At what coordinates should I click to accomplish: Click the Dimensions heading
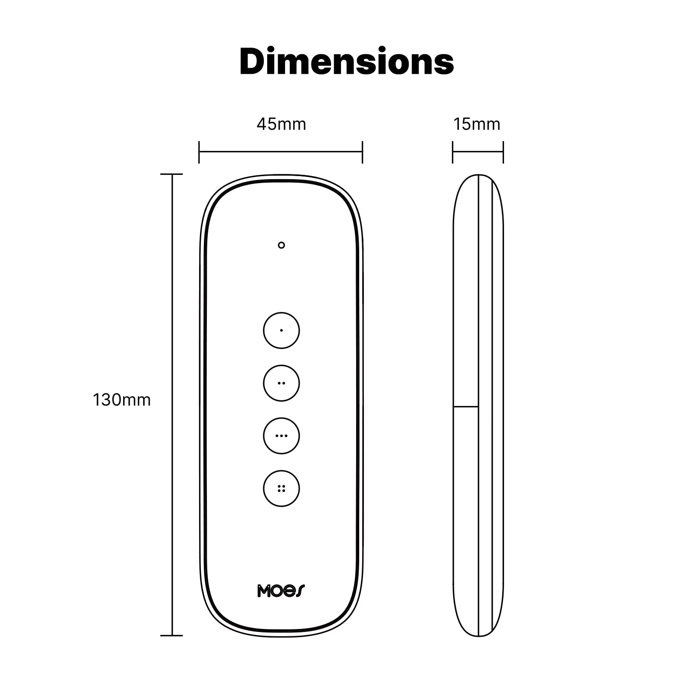pyautogui.click(x=347, y=62)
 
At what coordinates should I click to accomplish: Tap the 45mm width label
pyautogui.click(x=281, y=124)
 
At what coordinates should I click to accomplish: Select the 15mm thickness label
pyautogui.click(x=477, y=124)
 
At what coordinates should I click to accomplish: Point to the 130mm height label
pyautogui.click(x=122, y=400)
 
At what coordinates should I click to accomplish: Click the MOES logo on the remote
pyautogui.click(x=281, y=591)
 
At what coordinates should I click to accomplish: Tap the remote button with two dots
pyautogui.click(x=282, y=383)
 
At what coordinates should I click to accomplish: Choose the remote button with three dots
pyautogui.click(x=282, y=435)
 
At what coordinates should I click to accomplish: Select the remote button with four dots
pyautogui.click(x=282, y=488)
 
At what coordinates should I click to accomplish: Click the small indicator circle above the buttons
pyautogui.click(x=282, y=245)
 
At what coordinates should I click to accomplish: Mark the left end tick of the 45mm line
pyautogui.click(x=199, y=152)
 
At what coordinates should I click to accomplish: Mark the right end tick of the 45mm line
pyautogui.click(x=362, y=152)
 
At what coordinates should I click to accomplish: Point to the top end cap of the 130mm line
pyautogui.click(x=172, y=174)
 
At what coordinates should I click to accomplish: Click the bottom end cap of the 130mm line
pyautogui.click(x=172, y=635)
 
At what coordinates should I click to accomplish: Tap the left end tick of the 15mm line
pyautogui.click(x=453, y=152)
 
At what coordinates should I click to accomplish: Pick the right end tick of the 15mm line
pyautogui.click(x=503, y=152)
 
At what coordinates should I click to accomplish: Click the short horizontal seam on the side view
pyautogui.click(x=465, y=407)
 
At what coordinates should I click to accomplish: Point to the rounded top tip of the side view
pyautogui.click(x=478, y=176)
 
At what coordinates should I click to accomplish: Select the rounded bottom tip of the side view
pyautogui.click(x=478, y=635)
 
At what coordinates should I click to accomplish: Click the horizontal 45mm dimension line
pyautogui.click(x=281, y=152)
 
